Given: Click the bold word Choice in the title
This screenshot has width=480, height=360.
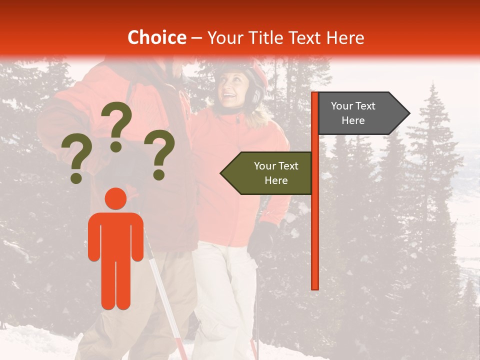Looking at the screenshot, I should [x=156, y=38].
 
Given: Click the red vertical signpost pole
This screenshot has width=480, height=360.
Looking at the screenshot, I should [x=314, y=225].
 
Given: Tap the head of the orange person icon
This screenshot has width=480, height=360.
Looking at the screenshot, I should [x=116, y=199].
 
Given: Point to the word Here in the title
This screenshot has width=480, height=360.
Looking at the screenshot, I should [x=345, y=38].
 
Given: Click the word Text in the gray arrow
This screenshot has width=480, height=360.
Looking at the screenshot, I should [x=365, y=106].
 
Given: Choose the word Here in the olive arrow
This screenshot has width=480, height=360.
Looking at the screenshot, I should [x=276, y=180].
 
